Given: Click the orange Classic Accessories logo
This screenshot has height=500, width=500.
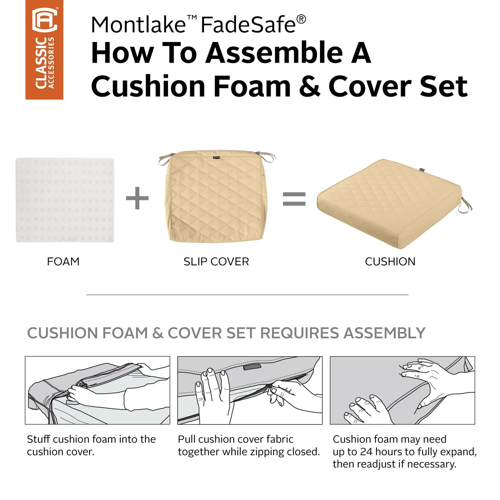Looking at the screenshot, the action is coord(44,50).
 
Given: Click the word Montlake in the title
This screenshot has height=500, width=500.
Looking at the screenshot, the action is coord(138,24).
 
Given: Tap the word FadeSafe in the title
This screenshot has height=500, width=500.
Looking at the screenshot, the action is coord(248,24).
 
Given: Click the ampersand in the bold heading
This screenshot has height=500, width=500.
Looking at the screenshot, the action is coord(309,86).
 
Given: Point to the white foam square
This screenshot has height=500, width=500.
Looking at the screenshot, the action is coord(65,200).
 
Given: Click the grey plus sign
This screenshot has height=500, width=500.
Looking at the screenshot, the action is coord(137,198).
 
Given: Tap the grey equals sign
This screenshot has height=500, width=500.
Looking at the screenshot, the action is coord(294,199).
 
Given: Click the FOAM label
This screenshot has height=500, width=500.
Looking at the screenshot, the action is coord(63,262).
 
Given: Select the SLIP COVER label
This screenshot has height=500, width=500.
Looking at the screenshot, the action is coord(216,262).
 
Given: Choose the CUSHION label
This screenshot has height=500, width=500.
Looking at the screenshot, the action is coord(390,262).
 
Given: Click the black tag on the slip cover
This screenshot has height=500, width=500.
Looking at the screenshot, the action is coord(216,157).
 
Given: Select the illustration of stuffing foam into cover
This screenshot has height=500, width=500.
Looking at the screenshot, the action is coord(98,390).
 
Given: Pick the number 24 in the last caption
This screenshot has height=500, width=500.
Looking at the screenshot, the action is coord(366,452).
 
